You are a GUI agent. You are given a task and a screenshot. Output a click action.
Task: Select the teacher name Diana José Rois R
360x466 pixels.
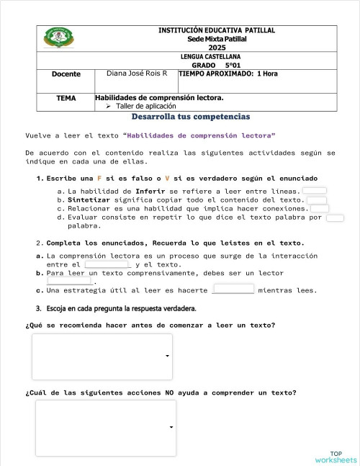tap(137, 74)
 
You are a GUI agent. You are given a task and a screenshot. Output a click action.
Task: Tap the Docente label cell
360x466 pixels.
tap(66, 74)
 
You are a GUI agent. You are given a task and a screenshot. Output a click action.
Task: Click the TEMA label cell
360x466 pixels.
tap(66, 97)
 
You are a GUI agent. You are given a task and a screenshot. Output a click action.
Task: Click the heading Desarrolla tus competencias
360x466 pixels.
tap(191, 117)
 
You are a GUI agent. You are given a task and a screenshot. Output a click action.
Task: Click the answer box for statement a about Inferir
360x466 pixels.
tap(315, 191)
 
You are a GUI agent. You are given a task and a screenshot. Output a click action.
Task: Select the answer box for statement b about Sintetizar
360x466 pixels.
tap(317, 200)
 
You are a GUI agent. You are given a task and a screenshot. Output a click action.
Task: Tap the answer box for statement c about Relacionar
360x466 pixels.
tap(320, 209)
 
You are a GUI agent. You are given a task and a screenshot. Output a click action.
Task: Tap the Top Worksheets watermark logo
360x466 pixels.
tap(336, 457)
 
